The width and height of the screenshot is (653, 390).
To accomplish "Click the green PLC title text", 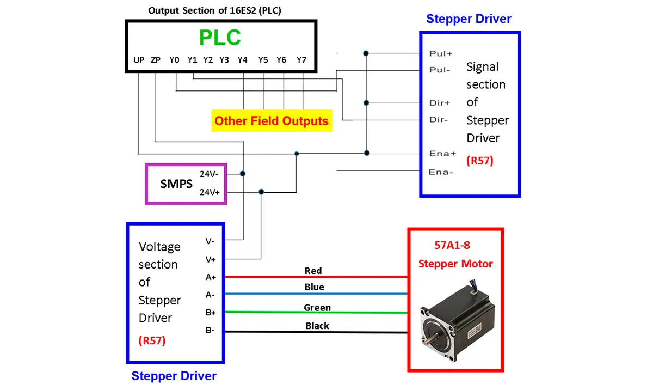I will click(220, 38).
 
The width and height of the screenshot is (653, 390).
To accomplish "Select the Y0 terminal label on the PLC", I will click(174, 60).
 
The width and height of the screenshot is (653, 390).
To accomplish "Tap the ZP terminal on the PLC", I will click(156, 60).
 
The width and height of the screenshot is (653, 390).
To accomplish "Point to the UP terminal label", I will click(139, 60).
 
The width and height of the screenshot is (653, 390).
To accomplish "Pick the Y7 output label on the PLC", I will click(301, 60).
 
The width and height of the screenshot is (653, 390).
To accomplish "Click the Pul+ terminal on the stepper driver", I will click(441, 53).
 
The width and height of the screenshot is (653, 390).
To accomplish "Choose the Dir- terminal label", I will click(439, 120).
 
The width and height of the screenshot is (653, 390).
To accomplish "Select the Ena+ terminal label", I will click(442, 154).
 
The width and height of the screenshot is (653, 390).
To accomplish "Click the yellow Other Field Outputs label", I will click(272, 121).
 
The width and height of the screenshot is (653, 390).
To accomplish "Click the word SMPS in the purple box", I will click(176, 184).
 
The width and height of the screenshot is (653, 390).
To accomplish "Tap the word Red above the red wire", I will click(313, 271).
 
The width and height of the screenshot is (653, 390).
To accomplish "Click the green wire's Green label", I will click(317, 308).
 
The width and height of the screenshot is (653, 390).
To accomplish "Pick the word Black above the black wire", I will click(317, 326).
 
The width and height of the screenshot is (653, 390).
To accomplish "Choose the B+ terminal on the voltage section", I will click(211, 313).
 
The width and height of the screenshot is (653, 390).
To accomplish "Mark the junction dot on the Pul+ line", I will click(367, 53).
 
